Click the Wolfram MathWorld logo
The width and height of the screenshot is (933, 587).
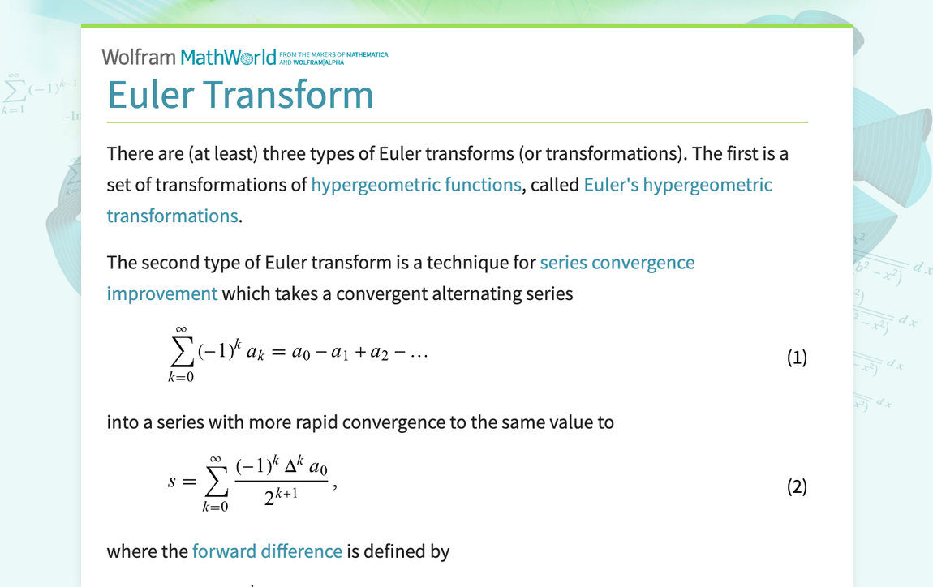(188, 58)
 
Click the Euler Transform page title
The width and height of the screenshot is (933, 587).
(240, 94)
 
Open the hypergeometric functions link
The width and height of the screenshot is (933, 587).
(415, 185)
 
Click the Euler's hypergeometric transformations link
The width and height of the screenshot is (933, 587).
(677, 185)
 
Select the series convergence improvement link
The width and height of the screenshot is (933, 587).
(617, 263)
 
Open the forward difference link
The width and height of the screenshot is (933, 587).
(267, 551)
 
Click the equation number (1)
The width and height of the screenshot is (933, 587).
(797, 358)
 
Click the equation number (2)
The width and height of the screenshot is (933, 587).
(797, 486)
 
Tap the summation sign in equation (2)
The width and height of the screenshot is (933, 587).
(216, 482)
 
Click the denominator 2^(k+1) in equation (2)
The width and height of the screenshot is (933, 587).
(281, 496)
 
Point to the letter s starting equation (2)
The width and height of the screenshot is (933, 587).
(172, 482)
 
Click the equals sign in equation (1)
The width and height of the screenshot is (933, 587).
(277, 354)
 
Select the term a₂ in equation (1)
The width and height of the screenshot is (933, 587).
(379, 354)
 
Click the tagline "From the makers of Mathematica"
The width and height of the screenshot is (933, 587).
(333, 54)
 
